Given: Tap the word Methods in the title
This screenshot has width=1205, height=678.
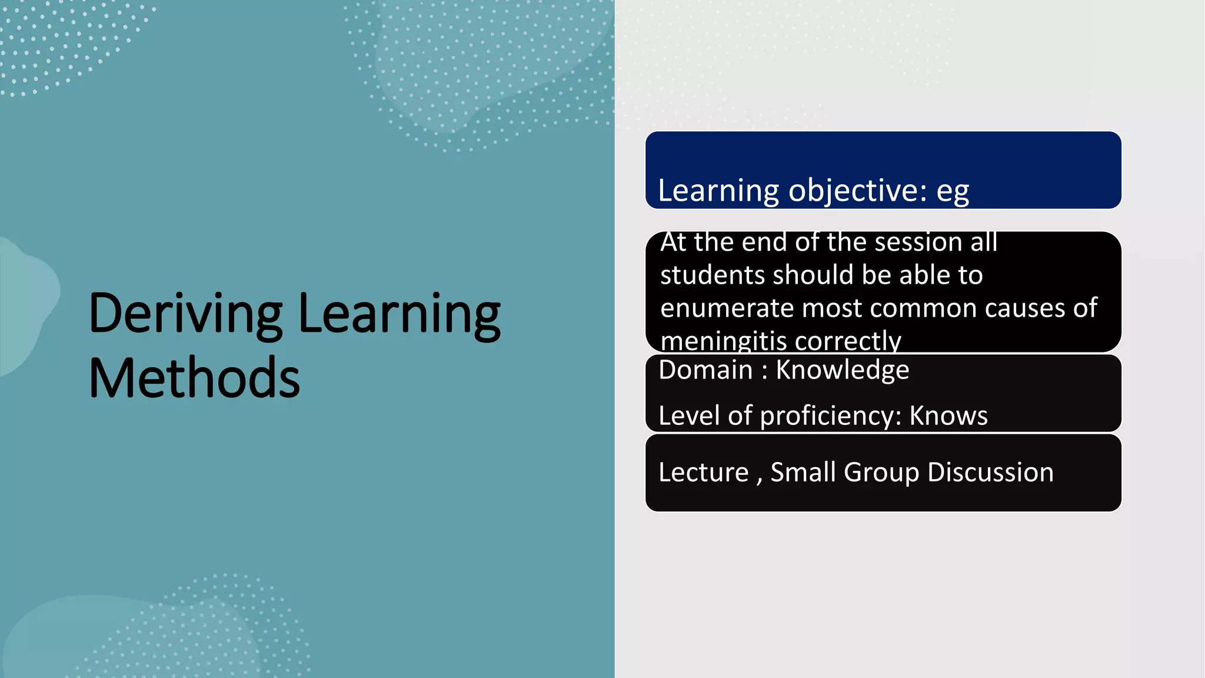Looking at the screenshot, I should coord(194,378).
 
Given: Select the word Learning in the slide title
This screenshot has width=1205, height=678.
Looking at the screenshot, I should coord(400,315).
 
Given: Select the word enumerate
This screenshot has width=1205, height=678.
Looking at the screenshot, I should coord(726,308).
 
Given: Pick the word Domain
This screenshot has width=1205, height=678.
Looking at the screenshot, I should coord(705,370).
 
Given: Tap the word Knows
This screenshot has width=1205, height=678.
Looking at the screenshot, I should coord(948,416).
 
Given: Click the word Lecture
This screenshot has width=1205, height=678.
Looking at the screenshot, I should coord(703,473).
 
